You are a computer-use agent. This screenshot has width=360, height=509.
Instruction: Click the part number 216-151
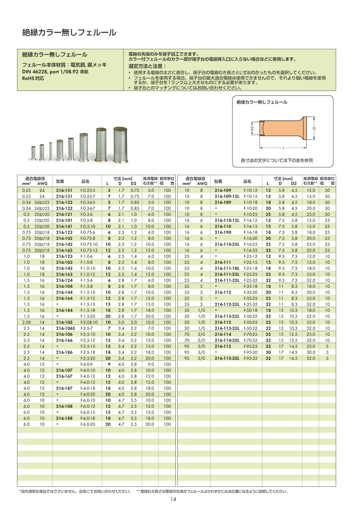tap(64, 191)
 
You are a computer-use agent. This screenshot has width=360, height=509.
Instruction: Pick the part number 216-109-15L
tap(226, 197)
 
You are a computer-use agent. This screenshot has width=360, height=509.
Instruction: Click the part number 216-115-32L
tap(226, 358)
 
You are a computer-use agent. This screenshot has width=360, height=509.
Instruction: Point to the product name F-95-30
tap(250, 352)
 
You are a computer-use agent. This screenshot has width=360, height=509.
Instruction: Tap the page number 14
tap(173, 499)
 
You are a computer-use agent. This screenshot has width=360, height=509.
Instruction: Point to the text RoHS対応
tap(33, 78)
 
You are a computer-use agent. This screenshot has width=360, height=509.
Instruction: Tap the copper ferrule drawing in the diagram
tap(282, 129)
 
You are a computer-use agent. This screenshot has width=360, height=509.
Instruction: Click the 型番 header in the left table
tap(60, 181)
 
